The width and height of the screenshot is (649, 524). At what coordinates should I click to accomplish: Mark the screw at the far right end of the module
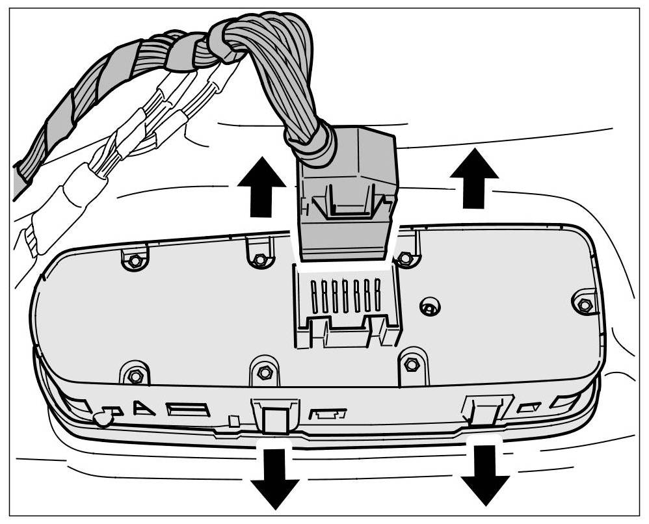(584, 304)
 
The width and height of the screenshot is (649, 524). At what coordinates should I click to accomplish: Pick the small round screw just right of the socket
(428, 306)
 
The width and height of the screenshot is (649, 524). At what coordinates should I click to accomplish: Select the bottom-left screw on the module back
(135, 376)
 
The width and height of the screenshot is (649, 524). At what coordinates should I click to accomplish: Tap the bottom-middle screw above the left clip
(263, 373)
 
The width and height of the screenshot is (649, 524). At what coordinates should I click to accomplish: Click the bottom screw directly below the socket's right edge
(410, 365)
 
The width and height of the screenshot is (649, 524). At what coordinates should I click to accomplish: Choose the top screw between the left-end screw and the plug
(259, 259)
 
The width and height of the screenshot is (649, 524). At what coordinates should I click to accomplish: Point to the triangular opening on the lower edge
(142, 408)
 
